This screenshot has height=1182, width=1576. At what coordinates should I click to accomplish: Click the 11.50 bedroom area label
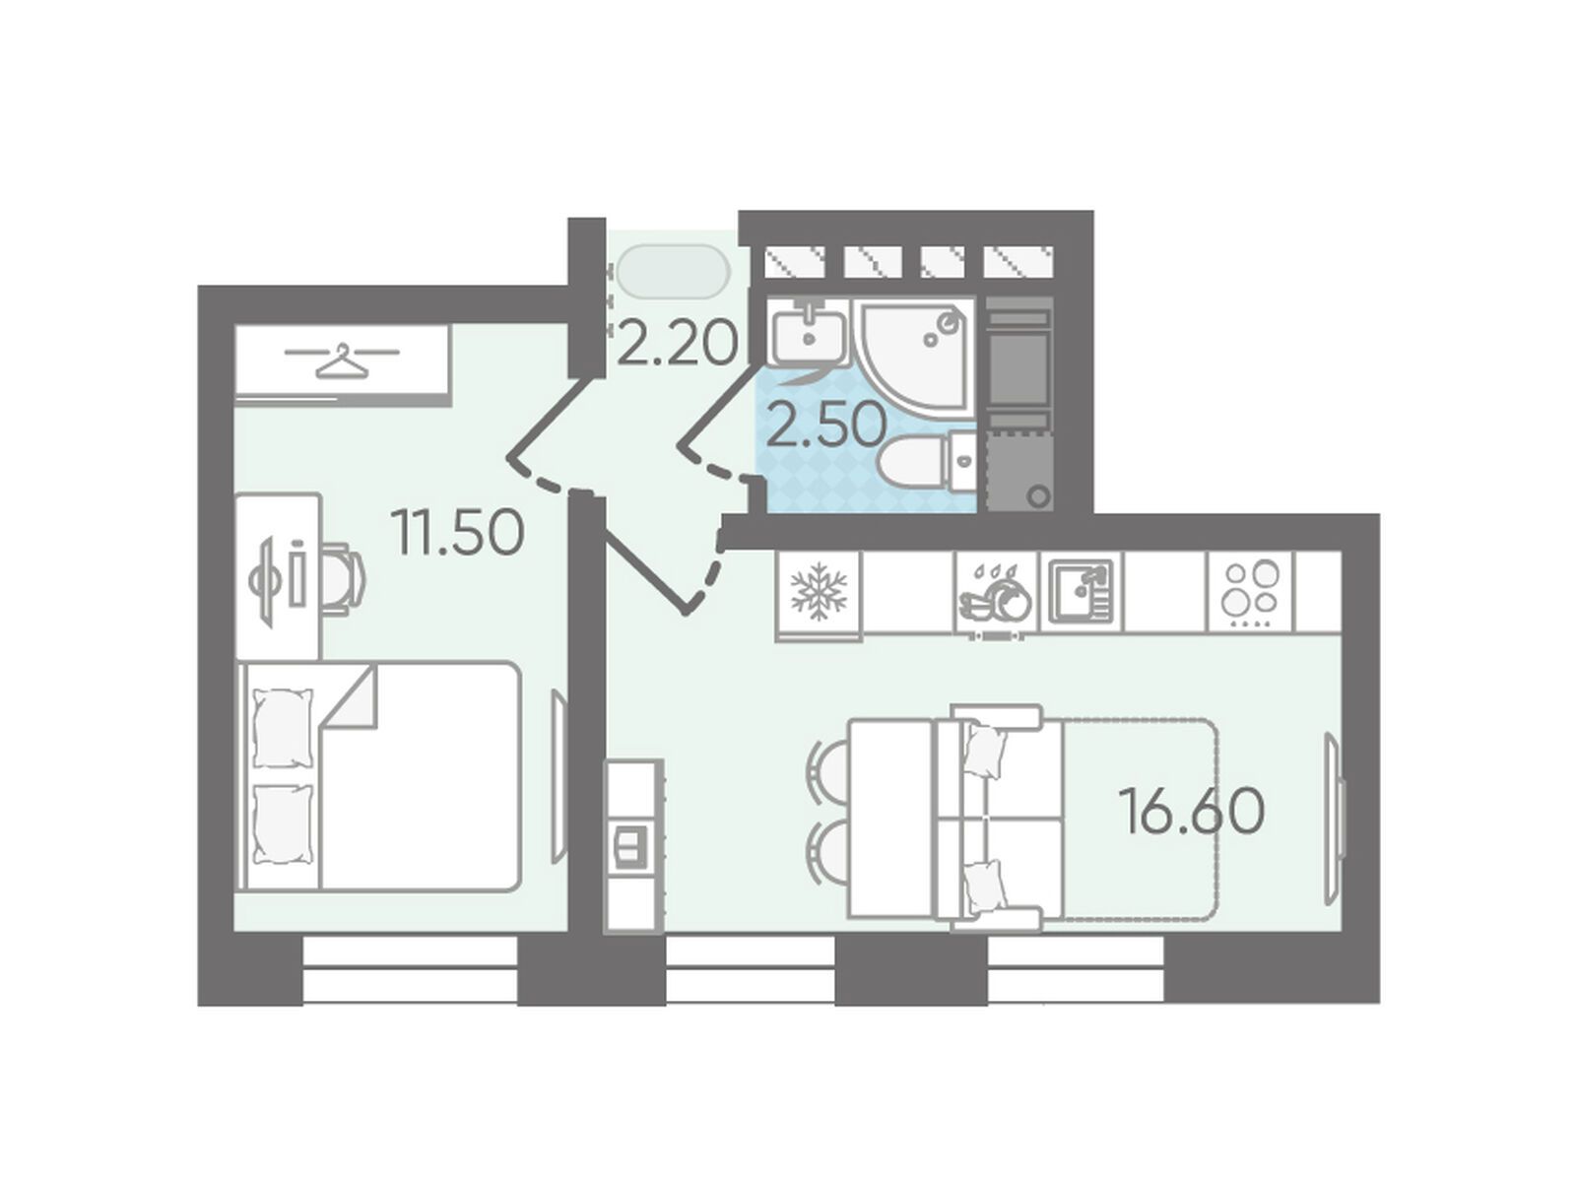(x=458, y=534)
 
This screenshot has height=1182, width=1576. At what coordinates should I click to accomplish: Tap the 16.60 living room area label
(x=1191, y=811)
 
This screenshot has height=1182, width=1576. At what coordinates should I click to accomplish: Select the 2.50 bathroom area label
(x=825, y=425)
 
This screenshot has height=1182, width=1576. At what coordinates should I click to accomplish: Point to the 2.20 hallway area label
(x=676, y=343)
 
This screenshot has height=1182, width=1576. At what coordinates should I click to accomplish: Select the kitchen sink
(x=1081, y=590)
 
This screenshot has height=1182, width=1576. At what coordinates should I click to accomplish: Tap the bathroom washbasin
(x=809, y=331)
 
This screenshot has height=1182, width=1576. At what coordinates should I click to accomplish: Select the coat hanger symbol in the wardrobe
(x=343, y=360)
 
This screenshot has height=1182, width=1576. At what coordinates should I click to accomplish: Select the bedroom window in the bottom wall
(x=410, y=969)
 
